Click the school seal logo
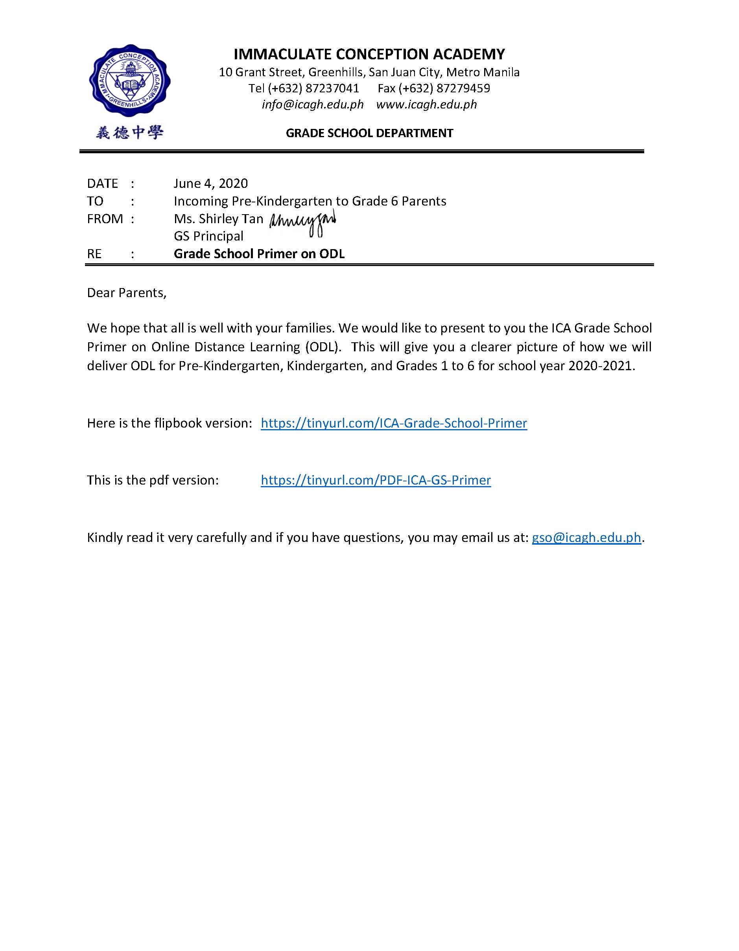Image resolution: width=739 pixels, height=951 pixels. tap(129, 80)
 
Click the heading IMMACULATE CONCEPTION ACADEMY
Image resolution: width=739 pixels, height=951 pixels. tap(369, 54)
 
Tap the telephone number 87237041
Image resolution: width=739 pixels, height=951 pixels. tap(332, 88)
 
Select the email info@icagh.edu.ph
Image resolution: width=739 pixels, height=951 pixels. tap(312, 105)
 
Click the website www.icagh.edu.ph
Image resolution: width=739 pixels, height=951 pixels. tap(427, 105)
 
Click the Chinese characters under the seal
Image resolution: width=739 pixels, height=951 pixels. tap(129, 132)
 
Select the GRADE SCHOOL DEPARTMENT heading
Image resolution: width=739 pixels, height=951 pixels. tap(369, 133)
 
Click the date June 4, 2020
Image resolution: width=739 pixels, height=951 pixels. tap(210, 183)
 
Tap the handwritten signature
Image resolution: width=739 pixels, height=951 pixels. tap(302, 223)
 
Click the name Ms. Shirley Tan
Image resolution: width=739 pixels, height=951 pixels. tap(218, 218)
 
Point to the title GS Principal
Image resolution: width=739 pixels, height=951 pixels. tap(208, 236)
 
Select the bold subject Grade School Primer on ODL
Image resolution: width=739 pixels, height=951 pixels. tap(259, 254)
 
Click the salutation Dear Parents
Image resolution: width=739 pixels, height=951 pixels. tap(126, 293)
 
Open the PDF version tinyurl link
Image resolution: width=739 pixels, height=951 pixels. tap(376, 480)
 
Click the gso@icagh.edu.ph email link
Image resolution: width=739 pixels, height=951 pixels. tap(586, 537)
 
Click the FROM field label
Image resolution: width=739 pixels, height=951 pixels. tap(105, 218)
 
